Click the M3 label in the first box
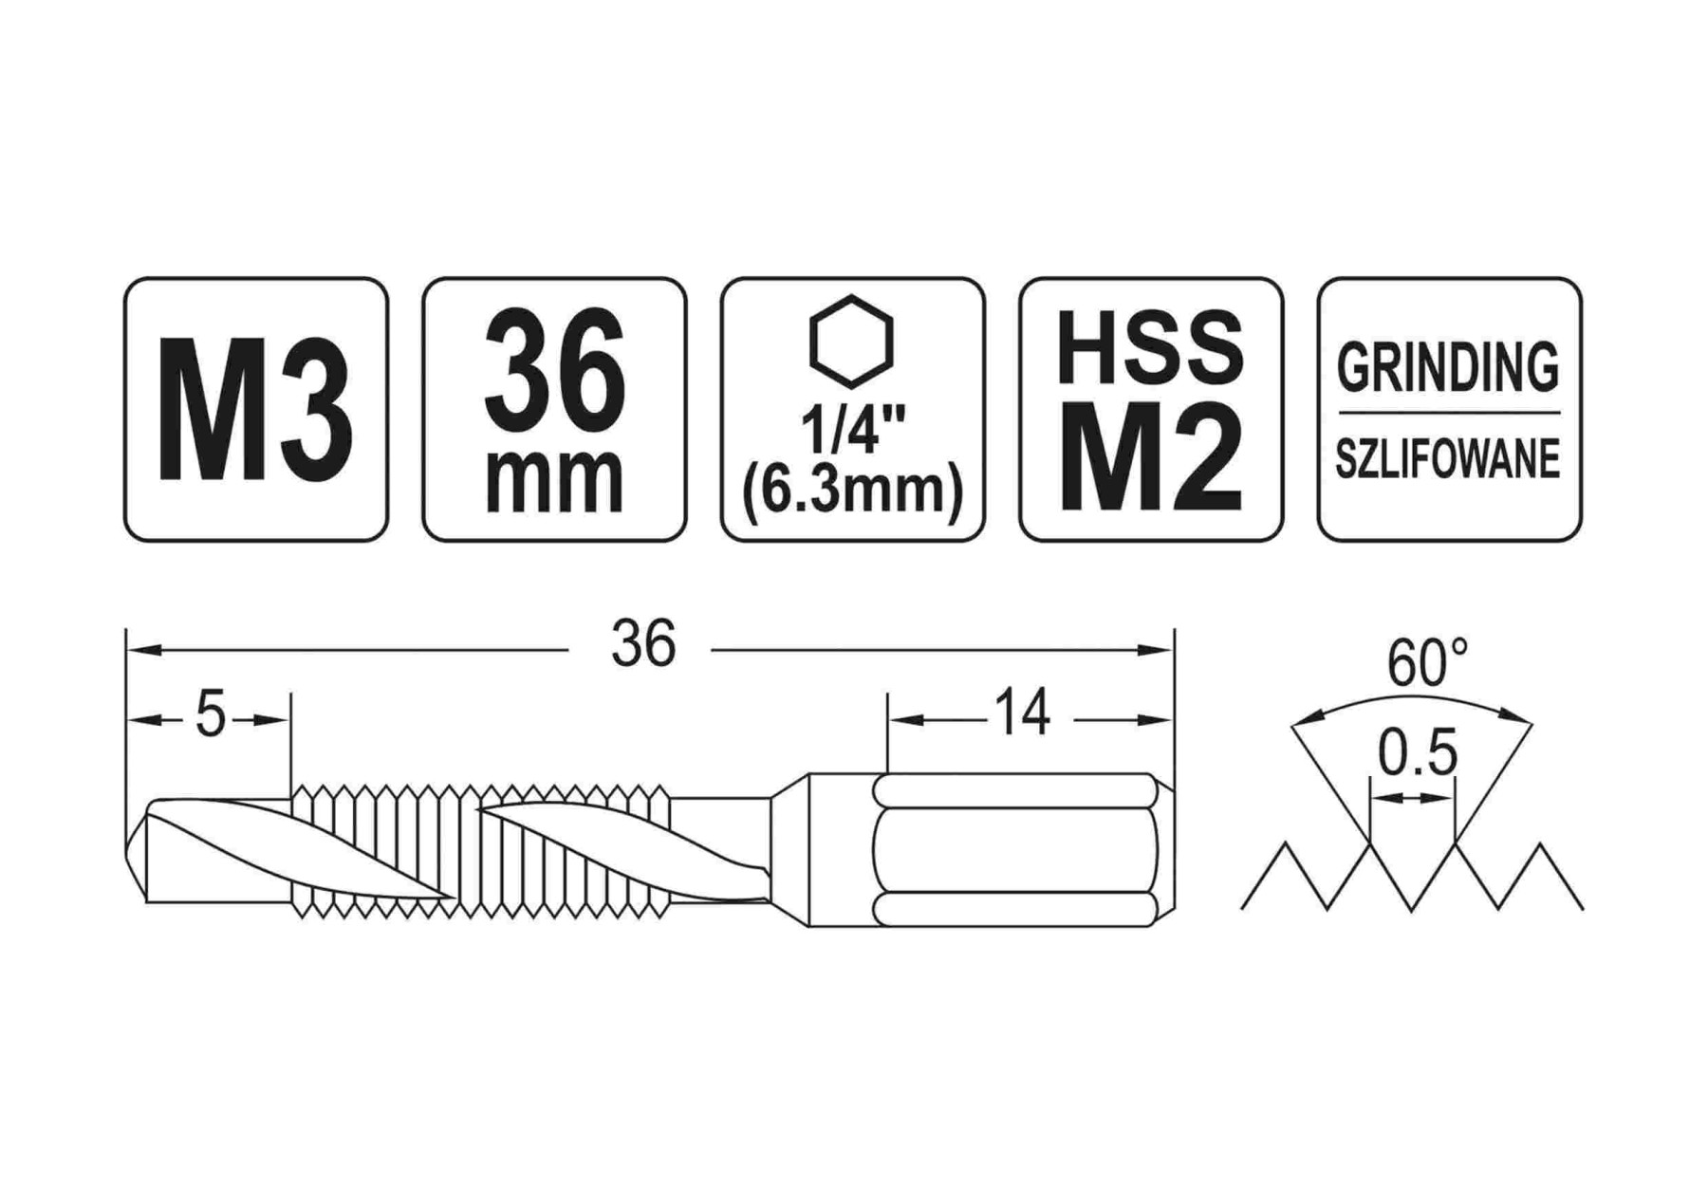255,410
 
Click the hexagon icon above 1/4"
851,342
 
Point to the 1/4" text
851,430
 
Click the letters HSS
1150,348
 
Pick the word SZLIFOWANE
1448,460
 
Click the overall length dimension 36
642,644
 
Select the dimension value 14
1022,713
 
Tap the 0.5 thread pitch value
1417,754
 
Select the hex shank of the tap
1015,849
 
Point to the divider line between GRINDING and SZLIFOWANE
1448,413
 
